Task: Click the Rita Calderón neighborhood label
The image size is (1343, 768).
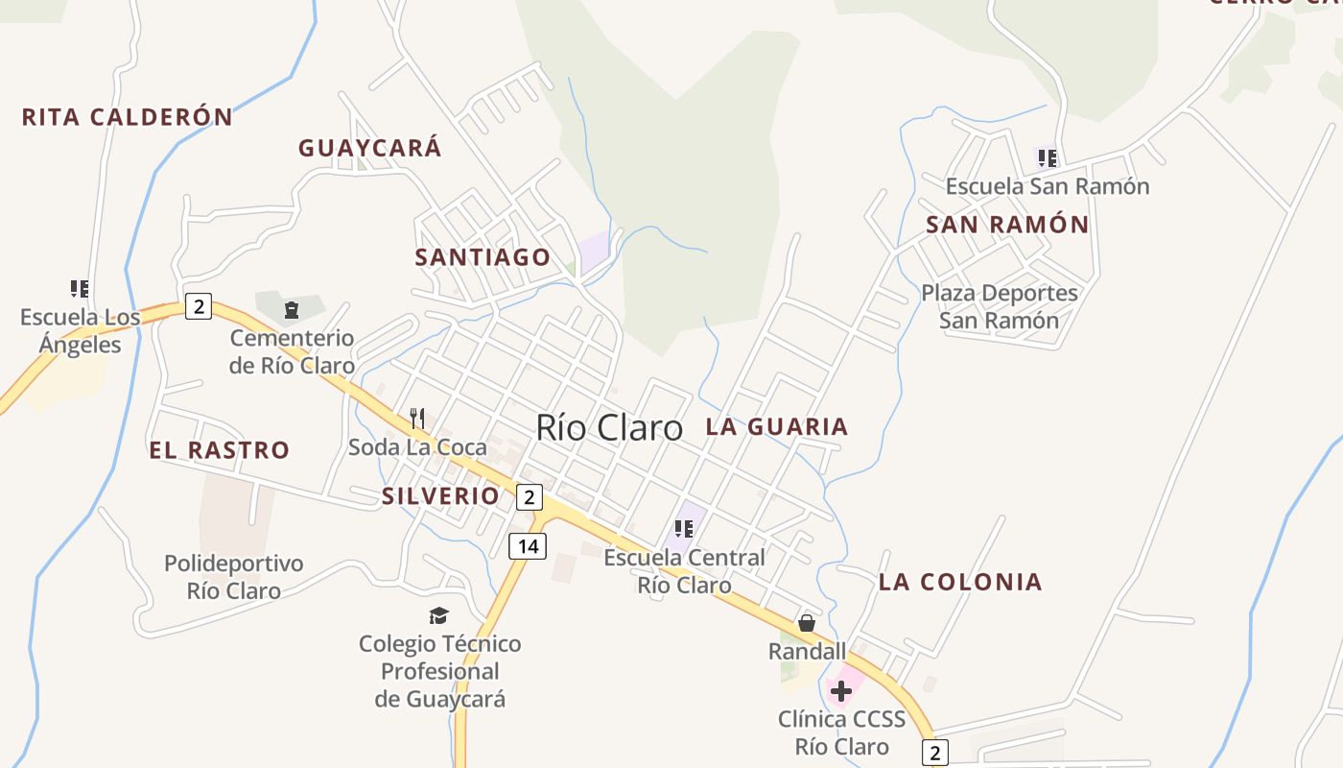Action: (128, 117)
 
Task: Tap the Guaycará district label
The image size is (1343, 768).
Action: (369, 148)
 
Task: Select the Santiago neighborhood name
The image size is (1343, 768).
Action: (483, 257)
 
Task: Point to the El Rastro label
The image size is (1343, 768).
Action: (219, 450)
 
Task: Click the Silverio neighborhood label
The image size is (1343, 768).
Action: (440, 496)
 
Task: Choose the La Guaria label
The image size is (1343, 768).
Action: (777, 427)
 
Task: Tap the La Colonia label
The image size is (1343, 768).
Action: (960, 582)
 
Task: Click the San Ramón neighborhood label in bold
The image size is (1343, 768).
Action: (1007, 225)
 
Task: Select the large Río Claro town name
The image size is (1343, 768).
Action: (609, 428)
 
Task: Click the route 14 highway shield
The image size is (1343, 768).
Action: (527, 546)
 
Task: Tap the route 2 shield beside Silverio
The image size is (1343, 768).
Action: (529, 497)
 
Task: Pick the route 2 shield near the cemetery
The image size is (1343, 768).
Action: (198, 306)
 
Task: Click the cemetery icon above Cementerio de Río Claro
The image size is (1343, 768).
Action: (291, 309)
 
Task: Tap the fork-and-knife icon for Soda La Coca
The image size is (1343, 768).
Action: (417, 418)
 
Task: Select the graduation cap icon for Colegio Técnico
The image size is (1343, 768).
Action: (438, 615)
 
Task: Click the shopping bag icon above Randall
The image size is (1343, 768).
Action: (807, 623)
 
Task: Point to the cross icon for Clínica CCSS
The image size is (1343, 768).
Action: (841, 691)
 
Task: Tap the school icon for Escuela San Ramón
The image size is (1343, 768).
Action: (1047, 157)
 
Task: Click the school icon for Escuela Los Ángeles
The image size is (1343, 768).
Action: (80, 288)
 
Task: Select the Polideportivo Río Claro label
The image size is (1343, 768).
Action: (234, 577)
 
